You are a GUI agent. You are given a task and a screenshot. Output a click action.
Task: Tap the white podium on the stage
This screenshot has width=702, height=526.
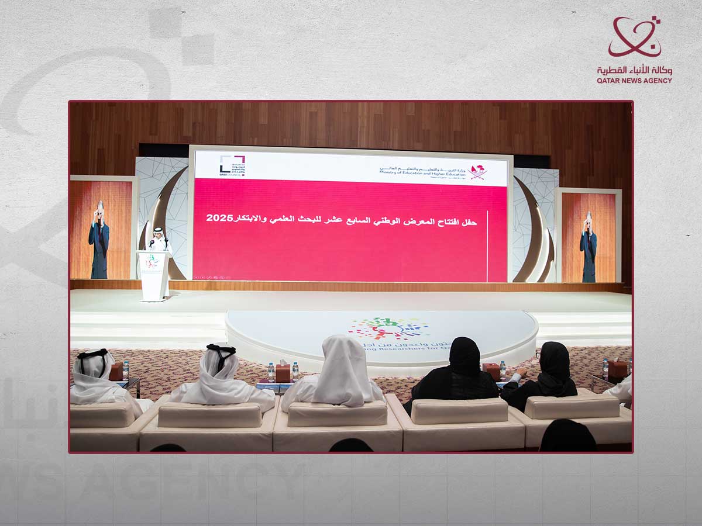153,275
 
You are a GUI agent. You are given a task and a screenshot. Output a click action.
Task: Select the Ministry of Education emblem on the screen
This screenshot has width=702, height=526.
478,171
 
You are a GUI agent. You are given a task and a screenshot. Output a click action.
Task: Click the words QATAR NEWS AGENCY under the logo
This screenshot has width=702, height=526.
635,81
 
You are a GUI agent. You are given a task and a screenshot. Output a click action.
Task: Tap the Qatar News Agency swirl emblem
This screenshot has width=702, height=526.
634,37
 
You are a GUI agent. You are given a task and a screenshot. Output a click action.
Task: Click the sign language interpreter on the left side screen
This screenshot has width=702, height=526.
99,240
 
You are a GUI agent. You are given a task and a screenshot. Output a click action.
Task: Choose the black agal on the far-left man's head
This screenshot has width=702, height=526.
93,354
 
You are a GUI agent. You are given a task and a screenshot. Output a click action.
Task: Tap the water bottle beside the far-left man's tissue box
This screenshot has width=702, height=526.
126,370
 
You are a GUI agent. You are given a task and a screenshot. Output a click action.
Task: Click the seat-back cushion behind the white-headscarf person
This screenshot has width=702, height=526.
338,413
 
